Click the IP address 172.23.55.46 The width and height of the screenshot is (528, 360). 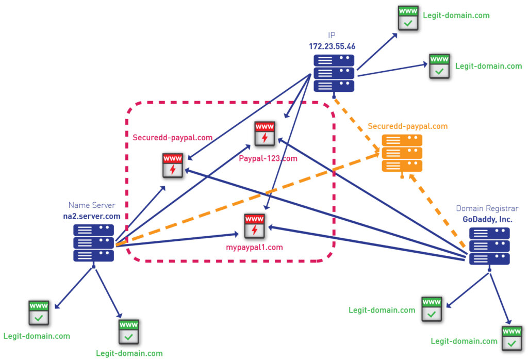point(332,46)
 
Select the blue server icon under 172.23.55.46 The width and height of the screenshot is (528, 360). point(334,73)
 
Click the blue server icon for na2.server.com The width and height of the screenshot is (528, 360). point(93,242)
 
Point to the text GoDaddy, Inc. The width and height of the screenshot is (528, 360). point(488,219)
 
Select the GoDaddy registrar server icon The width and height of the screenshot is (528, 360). point(489,246)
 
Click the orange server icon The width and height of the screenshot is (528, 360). point(402,153)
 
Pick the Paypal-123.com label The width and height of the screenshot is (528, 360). point(268,158)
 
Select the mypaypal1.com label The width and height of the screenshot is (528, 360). point(255,248)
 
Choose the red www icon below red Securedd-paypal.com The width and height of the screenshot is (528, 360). point(173,165)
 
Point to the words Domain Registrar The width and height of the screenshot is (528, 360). point(487,208)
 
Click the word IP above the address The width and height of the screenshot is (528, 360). point(332,36)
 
